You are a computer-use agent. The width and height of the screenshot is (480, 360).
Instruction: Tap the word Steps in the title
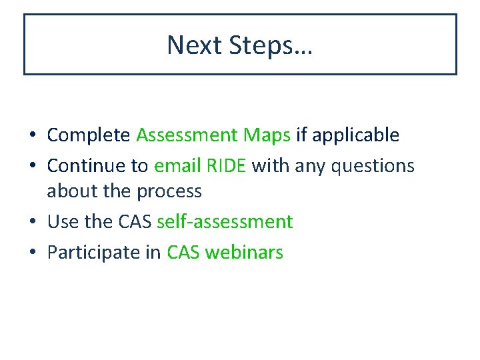[x=271, y=45]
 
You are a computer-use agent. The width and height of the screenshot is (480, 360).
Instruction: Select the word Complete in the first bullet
[x=89, y=135]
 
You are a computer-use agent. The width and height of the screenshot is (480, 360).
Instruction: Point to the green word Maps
[x=266, y=135]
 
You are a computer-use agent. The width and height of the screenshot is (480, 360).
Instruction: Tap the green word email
[x=177, y=165]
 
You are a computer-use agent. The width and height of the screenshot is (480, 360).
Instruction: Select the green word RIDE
[x=227, y=165]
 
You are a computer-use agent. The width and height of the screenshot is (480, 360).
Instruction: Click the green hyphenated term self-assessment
[x=224, y=221]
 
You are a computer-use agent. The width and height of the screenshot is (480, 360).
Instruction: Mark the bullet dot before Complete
[x=32, y=136]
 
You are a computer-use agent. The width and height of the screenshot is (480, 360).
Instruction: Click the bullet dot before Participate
[x=32, y=253]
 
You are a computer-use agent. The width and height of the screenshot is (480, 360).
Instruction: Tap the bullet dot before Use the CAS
[x=32, y=222]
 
